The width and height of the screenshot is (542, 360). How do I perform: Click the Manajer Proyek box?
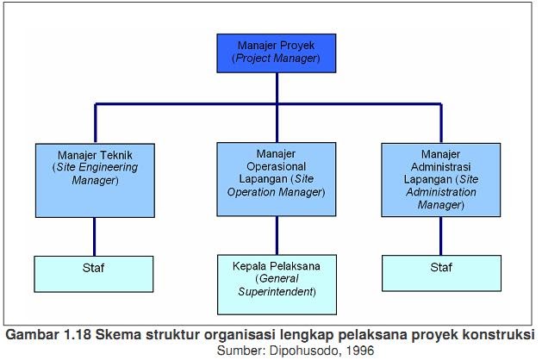(x=276, y=51)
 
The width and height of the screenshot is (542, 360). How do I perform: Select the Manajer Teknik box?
(x=96, y=178)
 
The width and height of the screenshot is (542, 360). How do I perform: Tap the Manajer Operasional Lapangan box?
(x=276, y=178)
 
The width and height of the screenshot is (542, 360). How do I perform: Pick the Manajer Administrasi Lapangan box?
(x=440, y=178)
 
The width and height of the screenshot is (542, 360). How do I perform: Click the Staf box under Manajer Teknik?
(x=96, y=272)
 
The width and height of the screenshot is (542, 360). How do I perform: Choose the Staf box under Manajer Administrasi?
(x=440, y=272)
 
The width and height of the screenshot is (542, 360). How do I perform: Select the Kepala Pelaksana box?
(x=276, y=282)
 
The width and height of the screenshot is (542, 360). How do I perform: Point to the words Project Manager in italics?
(x=276, y=59)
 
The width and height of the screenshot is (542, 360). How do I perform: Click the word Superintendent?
(x=276, y=293)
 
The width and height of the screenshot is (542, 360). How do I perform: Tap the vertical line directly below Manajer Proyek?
(x=276, y=87)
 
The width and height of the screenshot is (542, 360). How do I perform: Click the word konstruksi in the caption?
(x=502, y=335)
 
